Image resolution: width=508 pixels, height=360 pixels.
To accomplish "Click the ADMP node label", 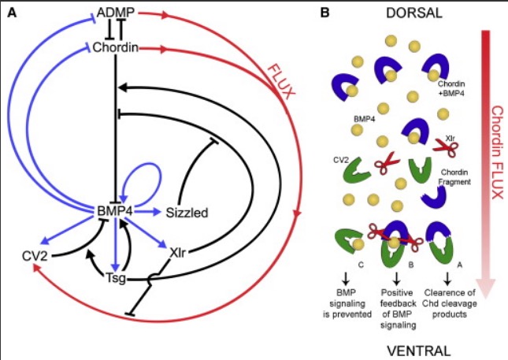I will [x=115, y=13].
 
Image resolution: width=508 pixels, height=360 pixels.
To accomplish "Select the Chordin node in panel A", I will [x=116, y=49].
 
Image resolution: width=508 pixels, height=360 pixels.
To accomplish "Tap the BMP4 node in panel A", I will [x=114, y=211].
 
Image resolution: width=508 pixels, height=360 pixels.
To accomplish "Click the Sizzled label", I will [x=187, y=212].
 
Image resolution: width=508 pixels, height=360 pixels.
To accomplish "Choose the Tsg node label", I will [x=115, y=277].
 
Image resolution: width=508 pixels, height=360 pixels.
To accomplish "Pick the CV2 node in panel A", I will [x=36, y=256].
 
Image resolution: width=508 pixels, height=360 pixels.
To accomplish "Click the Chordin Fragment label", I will [x=455, y=176].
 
